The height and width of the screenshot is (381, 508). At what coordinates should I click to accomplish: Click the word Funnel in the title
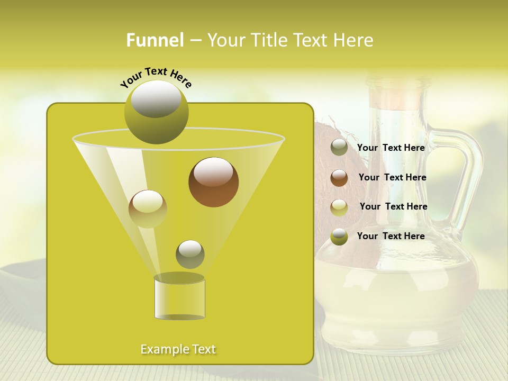tap(155, 40)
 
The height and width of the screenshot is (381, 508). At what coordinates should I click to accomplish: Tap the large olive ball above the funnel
tap(157, 112)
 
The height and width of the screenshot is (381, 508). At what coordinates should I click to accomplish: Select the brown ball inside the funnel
tap(214, 182)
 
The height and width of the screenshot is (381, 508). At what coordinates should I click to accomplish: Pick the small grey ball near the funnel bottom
tap(190, 254)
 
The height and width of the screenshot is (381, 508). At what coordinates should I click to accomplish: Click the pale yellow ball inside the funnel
tap(148, 208)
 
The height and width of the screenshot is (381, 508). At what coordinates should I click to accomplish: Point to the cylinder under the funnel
tap(179, 299)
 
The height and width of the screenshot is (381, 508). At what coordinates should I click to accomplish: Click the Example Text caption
tap(178, 349)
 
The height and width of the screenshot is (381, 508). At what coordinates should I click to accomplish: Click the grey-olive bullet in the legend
tap(339, 148)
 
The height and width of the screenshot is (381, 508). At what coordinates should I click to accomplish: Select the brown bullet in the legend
tap(339, 178)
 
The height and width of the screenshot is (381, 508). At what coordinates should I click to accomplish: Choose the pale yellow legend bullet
tap(339, 207)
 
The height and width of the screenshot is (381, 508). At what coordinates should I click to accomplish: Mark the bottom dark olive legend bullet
tap(339, 237)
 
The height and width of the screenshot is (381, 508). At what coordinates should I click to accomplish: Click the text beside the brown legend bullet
tap(392, 178)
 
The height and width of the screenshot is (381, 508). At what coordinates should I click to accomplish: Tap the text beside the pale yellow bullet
tap(393, 207)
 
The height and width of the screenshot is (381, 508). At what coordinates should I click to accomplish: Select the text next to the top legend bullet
tap(391, 148)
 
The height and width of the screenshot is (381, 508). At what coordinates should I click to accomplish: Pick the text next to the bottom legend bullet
tap(391, 236)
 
